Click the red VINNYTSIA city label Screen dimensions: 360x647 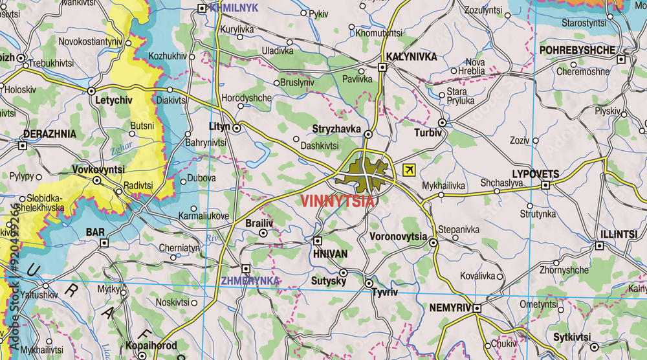[x=337, y=201]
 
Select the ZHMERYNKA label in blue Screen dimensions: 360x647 [x=250, y=281]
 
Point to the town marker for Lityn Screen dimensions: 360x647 [x=237, y=128]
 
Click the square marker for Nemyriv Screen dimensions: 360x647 [x=477, y=308]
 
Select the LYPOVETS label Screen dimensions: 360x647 [x=535, y=174]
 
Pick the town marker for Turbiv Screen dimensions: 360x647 [x=443, y=122]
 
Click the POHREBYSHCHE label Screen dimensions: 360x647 [x=577, y=50]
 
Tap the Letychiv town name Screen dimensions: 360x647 [x=113, y=100]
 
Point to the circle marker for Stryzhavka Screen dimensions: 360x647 [x=368, y=135]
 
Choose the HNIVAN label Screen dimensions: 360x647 [x=330, y=254]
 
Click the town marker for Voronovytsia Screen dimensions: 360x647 [x=433, y=243]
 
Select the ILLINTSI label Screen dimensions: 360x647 [x=619, y=234]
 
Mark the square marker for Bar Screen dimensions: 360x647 [x=104, y=243]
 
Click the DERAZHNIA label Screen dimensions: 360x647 [x=49, y=134]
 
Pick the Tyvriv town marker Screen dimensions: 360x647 [x=369, y=284]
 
